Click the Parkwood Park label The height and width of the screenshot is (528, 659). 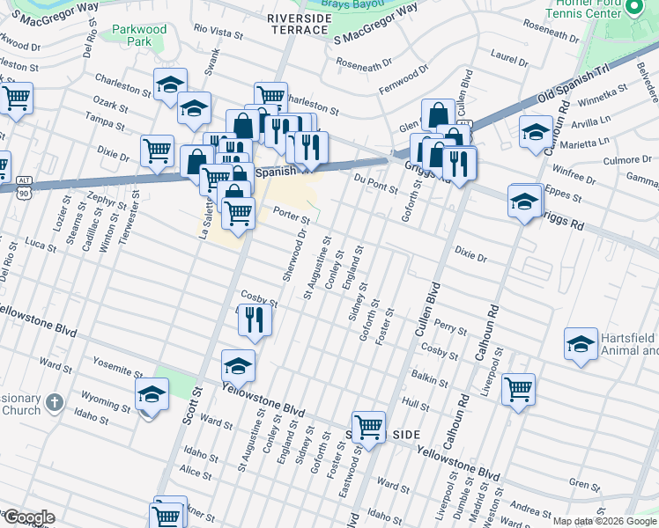coord(139,35)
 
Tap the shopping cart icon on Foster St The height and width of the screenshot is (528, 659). coord(368,427)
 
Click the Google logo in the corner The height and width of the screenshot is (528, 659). coord(28,517)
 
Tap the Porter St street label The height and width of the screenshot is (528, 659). coord(292,215)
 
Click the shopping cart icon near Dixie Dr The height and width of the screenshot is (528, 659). coord(157,150)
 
